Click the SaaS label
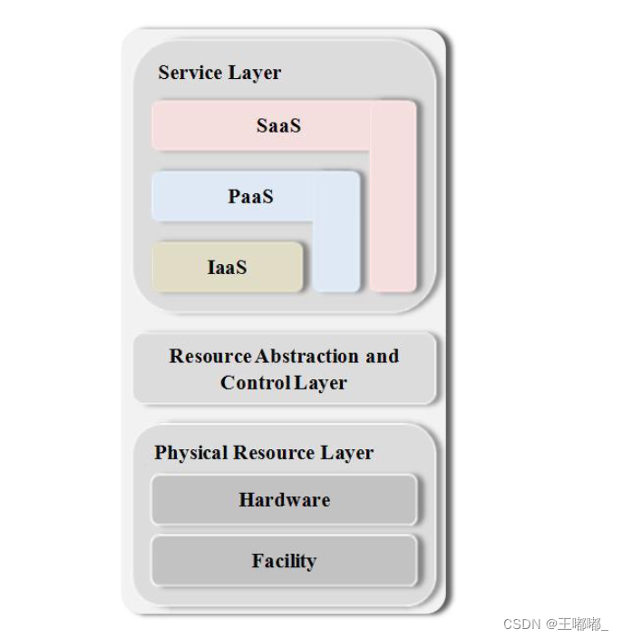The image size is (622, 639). click(x=278, y=125)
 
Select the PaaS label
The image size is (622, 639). click(x=250, y=196)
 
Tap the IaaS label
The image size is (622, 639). click(x=227, y=267)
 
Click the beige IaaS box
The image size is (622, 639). click(x=181, y=267)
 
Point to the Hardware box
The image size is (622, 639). click(x=284, y=499)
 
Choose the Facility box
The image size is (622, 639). click(x=284, y=561)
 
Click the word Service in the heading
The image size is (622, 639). click(x=187, y=73)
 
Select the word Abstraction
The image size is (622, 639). click(x=307, y=356)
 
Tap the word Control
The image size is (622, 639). click(x=255, y=383)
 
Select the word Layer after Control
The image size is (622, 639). click(x=320, y=383)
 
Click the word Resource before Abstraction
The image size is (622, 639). click(x=210, y=356)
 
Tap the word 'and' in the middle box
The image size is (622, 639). click(x=382, y=356)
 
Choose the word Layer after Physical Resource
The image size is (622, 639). click(x=345, y=453)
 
